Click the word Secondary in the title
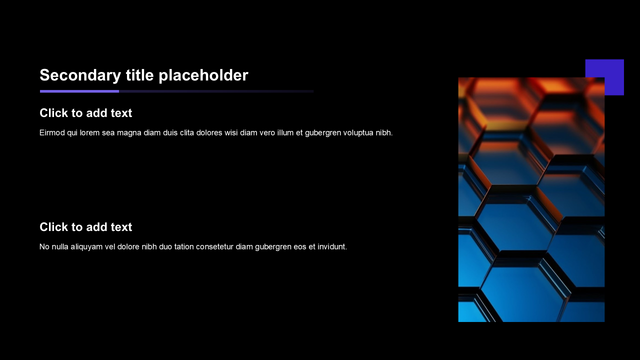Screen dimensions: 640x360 [x=80, y=75]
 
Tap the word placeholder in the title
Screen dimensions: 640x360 [x=203, y=75]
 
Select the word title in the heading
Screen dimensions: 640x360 [x=139, y=75]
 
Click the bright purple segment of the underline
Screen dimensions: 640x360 [x=79, y=91]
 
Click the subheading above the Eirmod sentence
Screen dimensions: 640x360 [x=85, y=113]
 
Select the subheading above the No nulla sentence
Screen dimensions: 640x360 [x=85, y=227]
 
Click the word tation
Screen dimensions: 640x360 [x=182, y=247]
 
